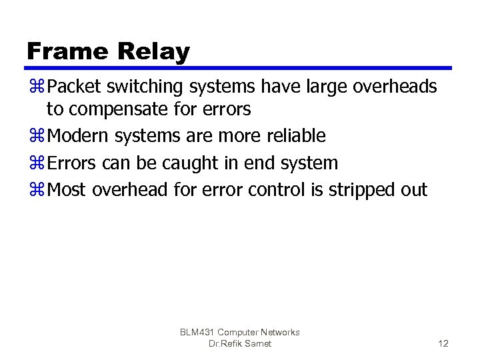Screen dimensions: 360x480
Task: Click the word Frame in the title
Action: [x=65, y=51]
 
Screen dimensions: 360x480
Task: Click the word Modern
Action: [x=79, y=136]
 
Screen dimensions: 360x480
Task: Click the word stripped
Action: [x=360, y=191]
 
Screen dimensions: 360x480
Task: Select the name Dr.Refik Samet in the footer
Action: [x=240, y=343]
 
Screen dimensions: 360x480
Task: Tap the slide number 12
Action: [x=443, y=343]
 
